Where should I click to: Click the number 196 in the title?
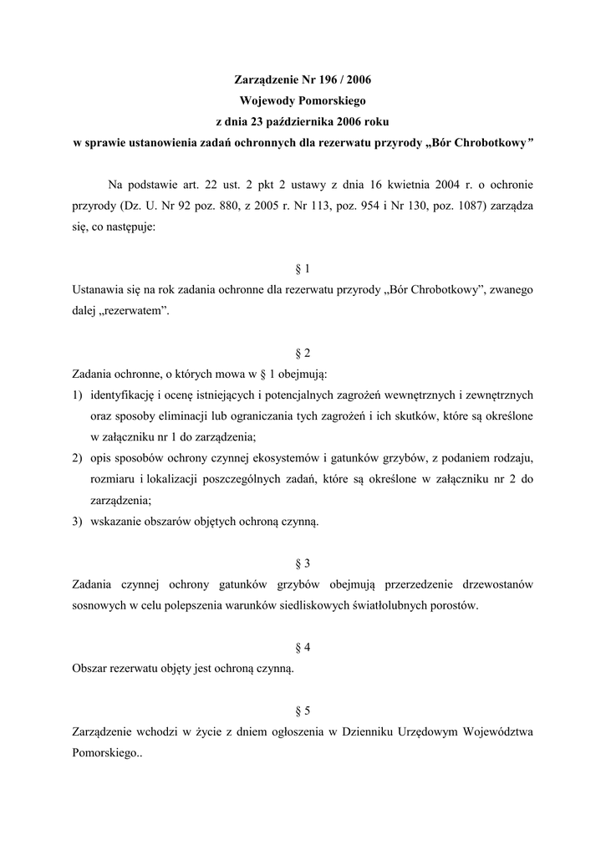[x=322, y=81]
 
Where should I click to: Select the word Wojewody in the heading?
[x=266, y=100]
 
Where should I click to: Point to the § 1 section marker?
[x=303, y=268]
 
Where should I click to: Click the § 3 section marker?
[x=303, y=563]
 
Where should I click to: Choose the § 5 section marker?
[x=303, y=711]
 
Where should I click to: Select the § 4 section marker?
[x=303, y=648]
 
